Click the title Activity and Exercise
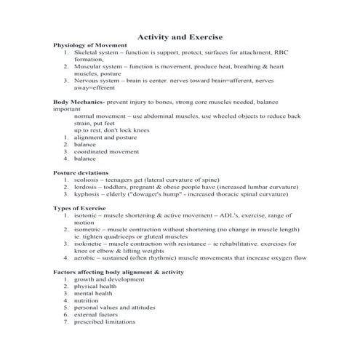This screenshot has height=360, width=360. coord(180,36)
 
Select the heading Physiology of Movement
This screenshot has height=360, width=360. coord(90,45)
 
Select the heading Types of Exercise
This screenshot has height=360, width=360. coord(80,208)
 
